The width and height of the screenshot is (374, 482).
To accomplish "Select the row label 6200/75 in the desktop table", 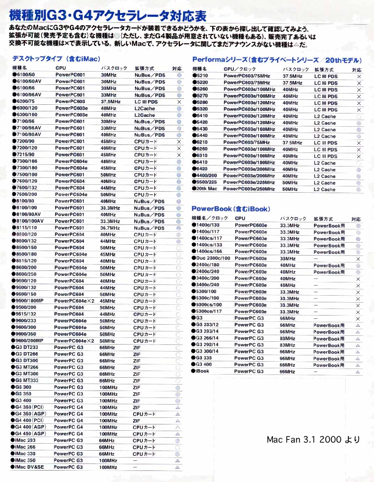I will tap(25, 101).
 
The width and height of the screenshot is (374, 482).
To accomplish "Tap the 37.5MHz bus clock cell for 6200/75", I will tap(111, 102).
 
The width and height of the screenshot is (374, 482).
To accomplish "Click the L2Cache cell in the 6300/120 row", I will tap(144, 109).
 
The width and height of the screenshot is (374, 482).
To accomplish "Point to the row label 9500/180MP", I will tap(29, 301).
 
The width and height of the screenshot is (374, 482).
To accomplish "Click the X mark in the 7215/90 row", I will tap(179, 155).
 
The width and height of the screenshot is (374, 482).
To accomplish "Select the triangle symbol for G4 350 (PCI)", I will tap(178, 407).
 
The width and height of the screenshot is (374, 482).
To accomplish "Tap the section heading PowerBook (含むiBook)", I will tap(231, 209).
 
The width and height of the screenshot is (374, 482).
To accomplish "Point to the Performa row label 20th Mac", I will tap(206, 189).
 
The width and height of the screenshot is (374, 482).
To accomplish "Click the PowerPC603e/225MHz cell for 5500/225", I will tap(249, 182).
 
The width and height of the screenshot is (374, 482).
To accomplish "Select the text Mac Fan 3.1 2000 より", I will tap(313, 439).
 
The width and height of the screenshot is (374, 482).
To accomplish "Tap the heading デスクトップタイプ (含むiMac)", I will tap(57, 59).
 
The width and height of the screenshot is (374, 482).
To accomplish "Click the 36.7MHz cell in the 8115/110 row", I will tap(110, 228).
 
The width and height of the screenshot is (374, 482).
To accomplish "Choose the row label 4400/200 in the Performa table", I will tap(206, 176).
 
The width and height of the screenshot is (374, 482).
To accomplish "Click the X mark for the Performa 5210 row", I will tap(359, 76).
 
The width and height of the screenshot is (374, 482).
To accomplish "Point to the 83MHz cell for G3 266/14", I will tap(287, 339).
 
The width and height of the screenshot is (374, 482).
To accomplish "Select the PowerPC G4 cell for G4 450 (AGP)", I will tap(68, 434).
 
